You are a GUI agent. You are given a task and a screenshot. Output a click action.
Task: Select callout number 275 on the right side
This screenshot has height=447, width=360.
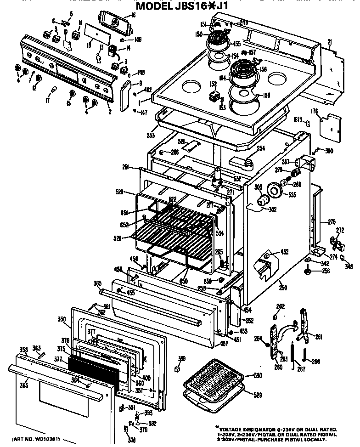pyautogui.click(x=332, y=222)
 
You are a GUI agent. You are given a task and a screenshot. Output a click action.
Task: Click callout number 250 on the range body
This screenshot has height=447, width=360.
pyautogui.click(x=283, y=287)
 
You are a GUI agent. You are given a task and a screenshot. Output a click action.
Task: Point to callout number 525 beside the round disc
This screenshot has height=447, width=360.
pyautogui.click(x=292, y=195)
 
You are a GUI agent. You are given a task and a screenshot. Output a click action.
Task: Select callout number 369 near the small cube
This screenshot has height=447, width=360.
pyautogui.click(x=182, y=359)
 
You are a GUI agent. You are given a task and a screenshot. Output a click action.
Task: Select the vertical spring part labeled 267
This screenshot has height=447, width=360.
pyautogui.click(x=292, y=354)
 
